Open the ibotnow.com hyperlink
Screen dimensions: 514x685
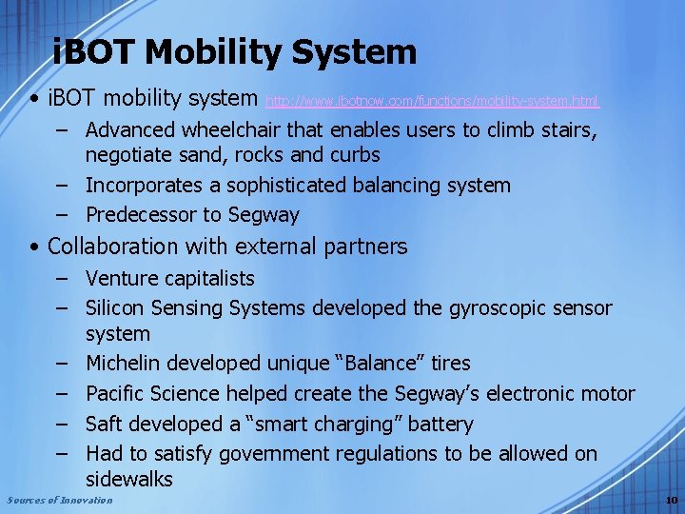(432, 100)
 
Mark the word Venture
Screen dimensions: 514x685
(119, 278)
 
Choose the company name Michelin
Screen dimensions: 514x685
(125, 363)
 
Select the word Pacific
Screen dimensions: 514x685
(117, 393)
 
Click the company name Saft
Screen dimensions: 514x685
(105, 424)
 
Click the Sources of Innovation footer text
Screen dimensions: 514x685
(59, 501)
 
